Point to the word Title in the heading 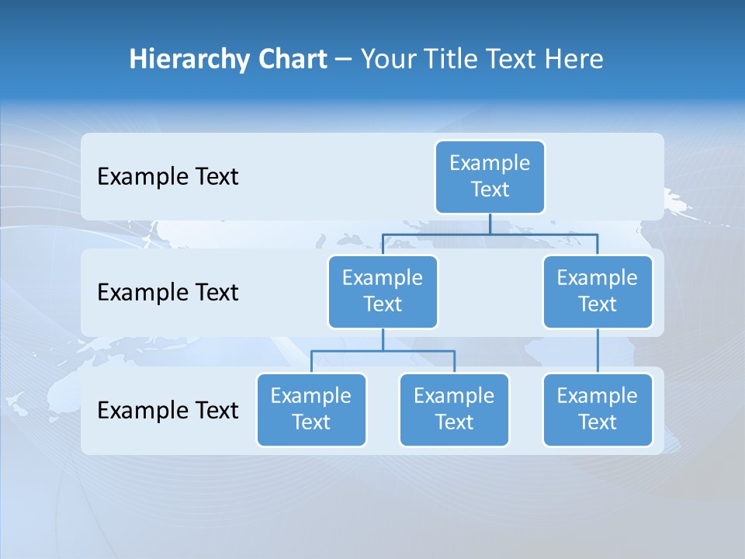point(450,59)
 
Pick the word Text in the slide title point(511,59)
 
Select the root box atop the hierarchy point(490,176)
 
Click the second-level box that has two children point(383,291)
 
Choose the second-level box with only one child point(598,291)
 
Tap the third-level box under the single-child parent point(598,409)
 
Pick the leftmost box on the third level point(311,409)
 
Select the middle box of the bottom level point(454,409)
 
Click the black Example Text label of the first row point(168,176)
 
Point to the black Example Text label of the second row point(168,292)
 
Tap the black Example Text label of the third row point(168,410)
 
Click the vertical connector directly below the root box point(490,224)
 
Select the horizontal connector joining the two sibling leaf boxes point(383,351)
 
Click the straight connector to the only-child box point(598,351)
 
